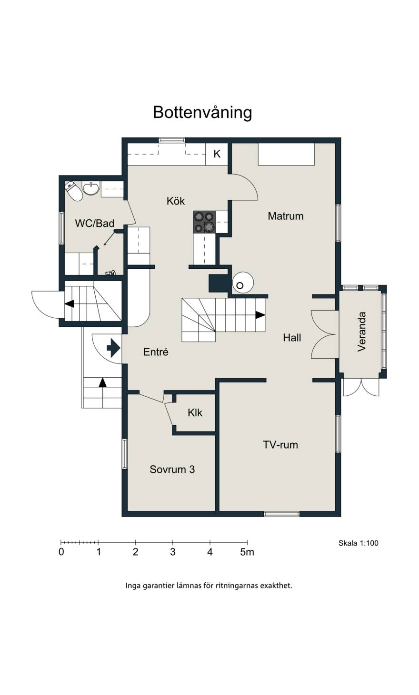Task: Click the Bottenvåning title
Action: click(x=202, y=113)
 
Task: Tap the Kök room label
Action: click(x=176, y=201)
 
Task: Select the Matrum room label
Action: click(x=285, y=216)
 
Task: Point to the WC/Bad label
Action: click(x=94, y=223)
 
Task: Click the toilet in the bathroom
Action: click(x=73, y=191)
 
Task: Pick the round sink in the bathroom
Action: click(x=91, y=189)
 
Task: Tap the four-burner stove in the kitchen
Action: click(x=204, y=222)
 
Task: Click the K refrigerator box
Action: click(x=217, y=154)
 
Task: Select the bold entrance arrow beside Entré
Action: click(x=113, y=348)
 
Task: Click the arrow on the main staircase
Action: click(x=260, y=315)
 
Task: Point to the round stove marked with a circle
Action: click(x=243, y=283)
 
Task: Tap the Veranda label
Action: click(x=361, y=332)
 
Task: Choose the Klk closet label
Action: click(x=195, y=412)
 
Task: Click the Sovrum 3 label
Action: click(x=172, y=469)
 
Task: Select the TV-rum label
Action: click(x=280, y=445)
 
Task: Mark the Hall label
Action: click(x=292, y=338)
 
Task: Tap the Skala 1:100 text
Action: click(x=358, y=543)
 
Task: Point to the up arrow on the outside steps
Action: click(x=102, y=382)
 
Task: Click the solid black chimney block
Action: click(x=219, y=283)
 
